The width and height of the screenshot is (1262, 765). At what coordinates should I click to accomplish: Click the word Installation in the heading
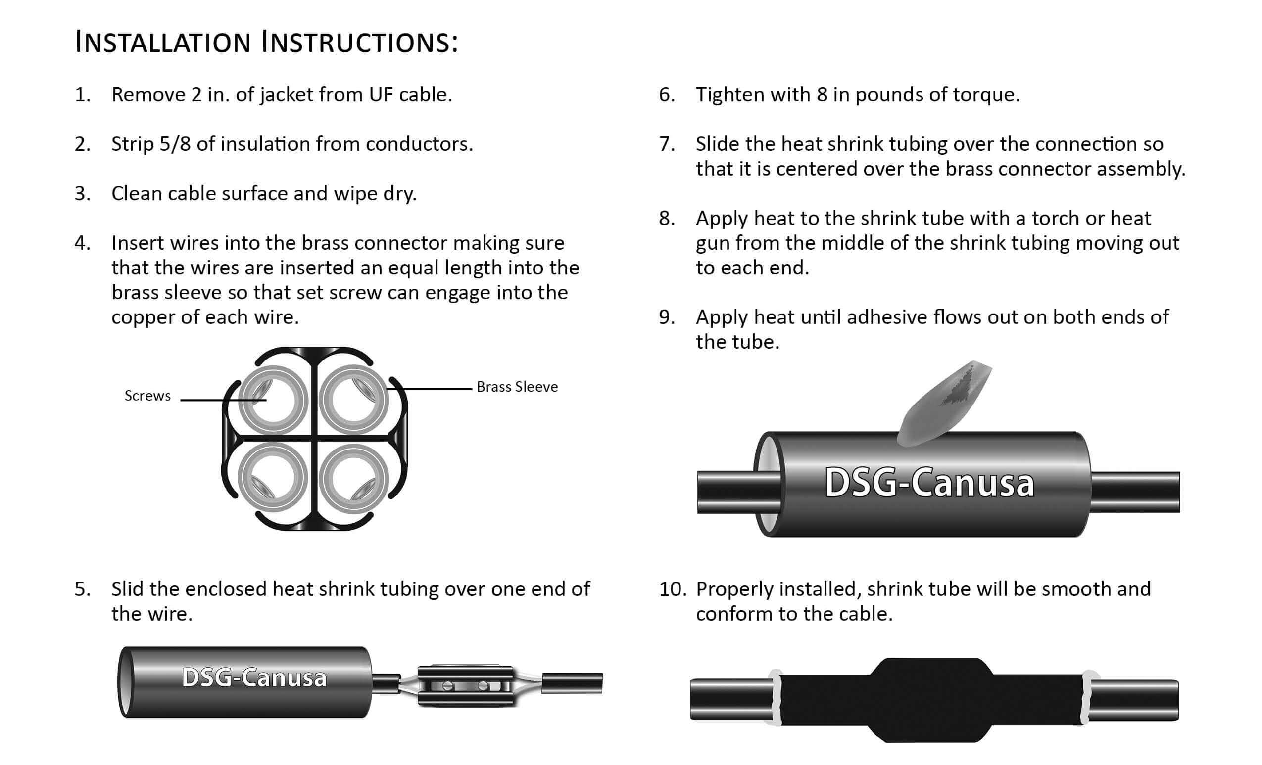pos(163,42)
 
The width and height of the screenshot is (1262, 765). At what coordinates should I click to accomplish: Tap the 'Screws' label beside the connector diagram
pos(147,396)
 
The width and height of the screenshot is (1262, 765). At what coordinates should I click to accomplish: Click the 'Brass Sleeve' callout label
pos(517,387)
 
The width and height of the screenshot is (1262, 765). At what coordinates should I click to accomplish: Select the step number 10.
pos(673,589)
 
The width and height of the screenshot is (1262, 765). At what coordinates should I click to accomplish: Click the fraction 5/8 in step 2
pos(175,144)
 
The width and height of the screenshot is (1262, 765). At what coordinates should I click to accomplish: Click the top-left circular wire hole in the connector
pos(274,401)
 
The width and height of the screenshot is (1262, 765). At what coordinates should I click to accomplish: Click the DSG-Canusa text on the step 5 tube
pos(254,677)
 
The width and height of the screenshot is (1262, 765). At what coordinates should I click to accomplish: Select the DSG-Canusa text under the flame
pos(929,483)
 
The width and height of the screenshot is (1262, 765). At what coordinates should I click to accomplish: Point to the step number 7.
pos(666,145)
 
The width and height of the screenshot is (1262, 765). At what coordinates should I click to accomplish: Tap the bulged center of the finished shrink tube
pos(931,700)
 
